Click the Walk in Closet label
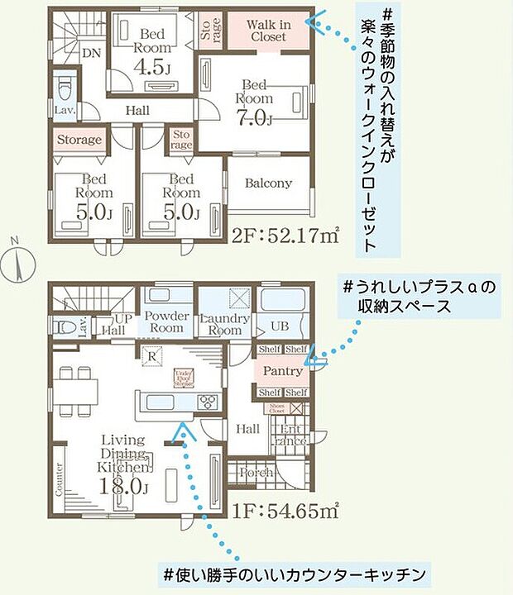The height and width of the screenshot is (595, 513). (266, 31)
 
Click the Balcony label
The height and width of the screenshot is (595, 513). (268, 183)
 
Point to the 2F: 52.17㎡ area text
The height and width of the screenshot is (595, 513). (287, 237)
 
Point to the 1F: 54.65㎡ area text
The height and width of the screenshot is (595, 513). (287, 510)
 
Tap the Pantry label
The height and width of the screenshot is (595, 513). (281, 372)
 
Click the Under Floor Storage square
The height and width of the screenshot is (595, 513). (183, 378)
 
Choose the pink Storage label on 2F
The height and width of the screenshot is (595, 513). (80, 140)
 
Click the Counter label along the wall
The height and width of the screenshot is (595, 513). (60, 478)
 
